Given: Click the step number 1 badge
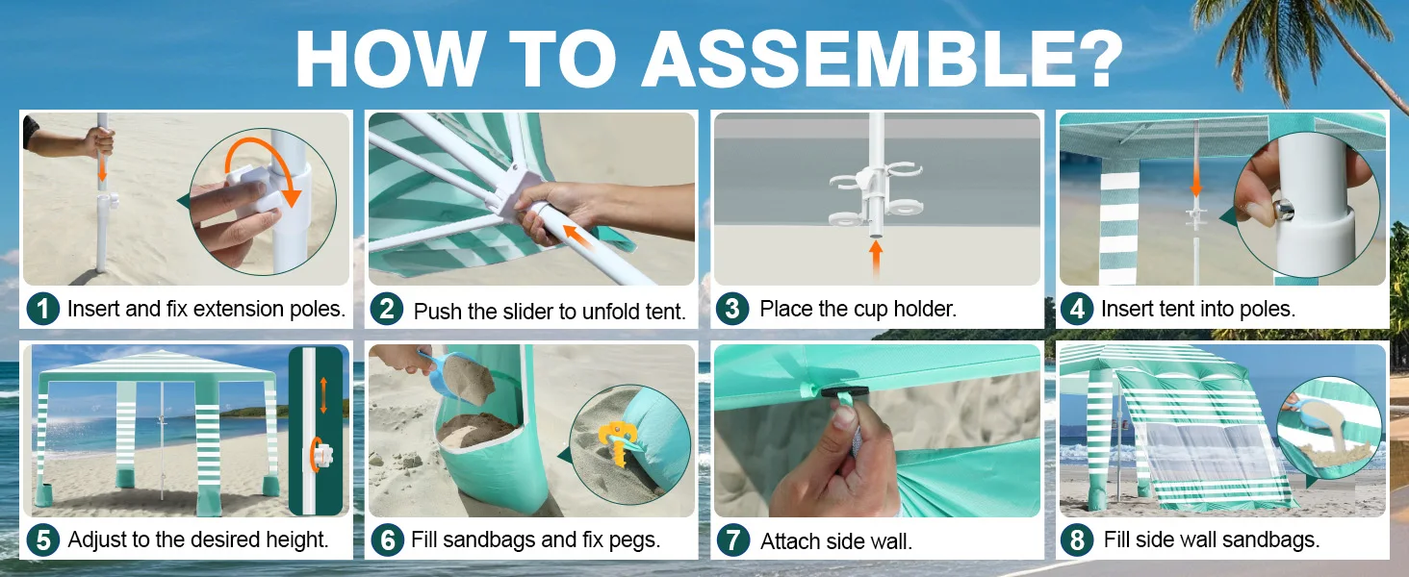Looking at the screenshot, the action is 42,309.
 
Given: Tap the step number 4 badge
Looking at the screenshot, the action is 1077,309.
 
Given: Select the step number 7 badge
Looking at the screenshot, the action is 732,540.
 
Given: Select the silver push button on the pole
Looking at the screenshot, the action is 1283,209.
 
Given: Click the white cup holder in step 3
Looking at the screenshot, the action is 876,195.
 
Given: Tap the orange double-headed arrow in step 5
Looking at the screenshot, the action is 323,395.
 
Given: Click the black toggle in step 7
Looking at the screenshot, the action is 845,392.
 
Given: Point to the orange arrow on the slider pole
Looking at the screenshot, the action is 578,238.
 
